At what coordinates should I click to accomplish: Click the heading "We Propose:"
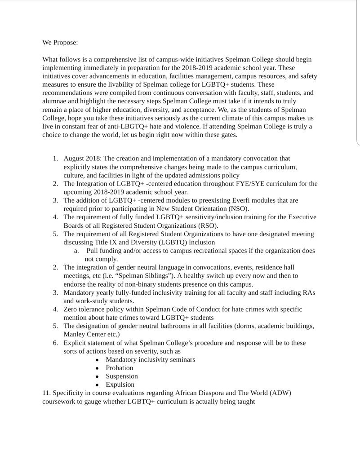pos(60,43)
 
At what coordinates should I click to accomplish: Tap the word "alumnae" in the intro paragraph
pos(56,93)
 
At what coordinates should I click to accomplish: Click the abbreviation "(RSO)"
pos(208,226)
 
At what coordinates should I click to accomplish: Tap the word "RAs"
pos(307,292)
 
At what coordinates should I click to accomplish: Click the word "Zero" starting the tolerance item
pos(71,310)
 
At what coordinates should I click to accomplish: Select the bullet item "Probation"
pos(120,368)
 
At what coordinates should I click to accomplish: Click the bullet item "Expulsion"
pos(120,385)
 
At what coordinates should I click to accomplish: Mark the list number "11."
pos(46,393)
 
